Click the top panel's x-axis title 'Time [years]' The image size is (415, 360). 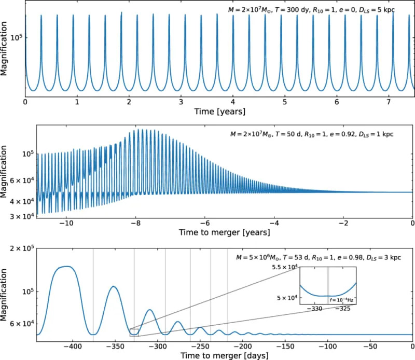(x=219, y=111)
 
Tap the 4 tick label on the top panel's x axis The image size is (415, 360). (x=233, y=102)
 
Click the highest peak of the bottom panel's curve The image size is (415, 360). (x=64, y=266)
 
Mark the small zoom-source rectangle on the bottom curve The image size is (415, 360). (x=134, y=333)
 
